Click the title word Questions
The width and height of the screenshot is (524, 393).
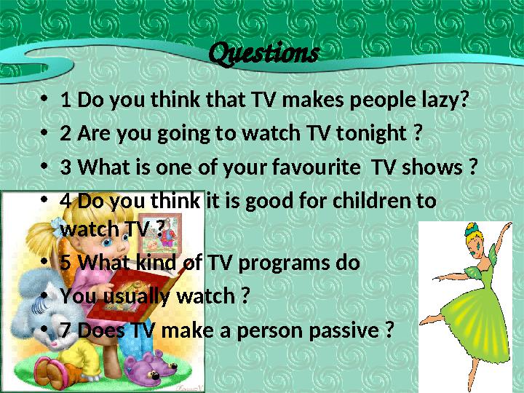pos(263,53)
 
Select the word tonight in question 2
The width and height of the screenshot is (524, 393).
pos(373,134)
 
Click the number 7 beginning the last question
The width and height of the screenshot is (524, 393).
pos(66,330)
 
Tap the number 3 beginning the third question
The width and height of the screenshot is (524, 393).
pos(66,168)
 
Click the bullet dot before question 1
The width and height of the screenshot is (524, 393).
pos(45,100)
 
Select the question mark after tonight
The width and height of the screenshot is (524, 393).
pos(417,134)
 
